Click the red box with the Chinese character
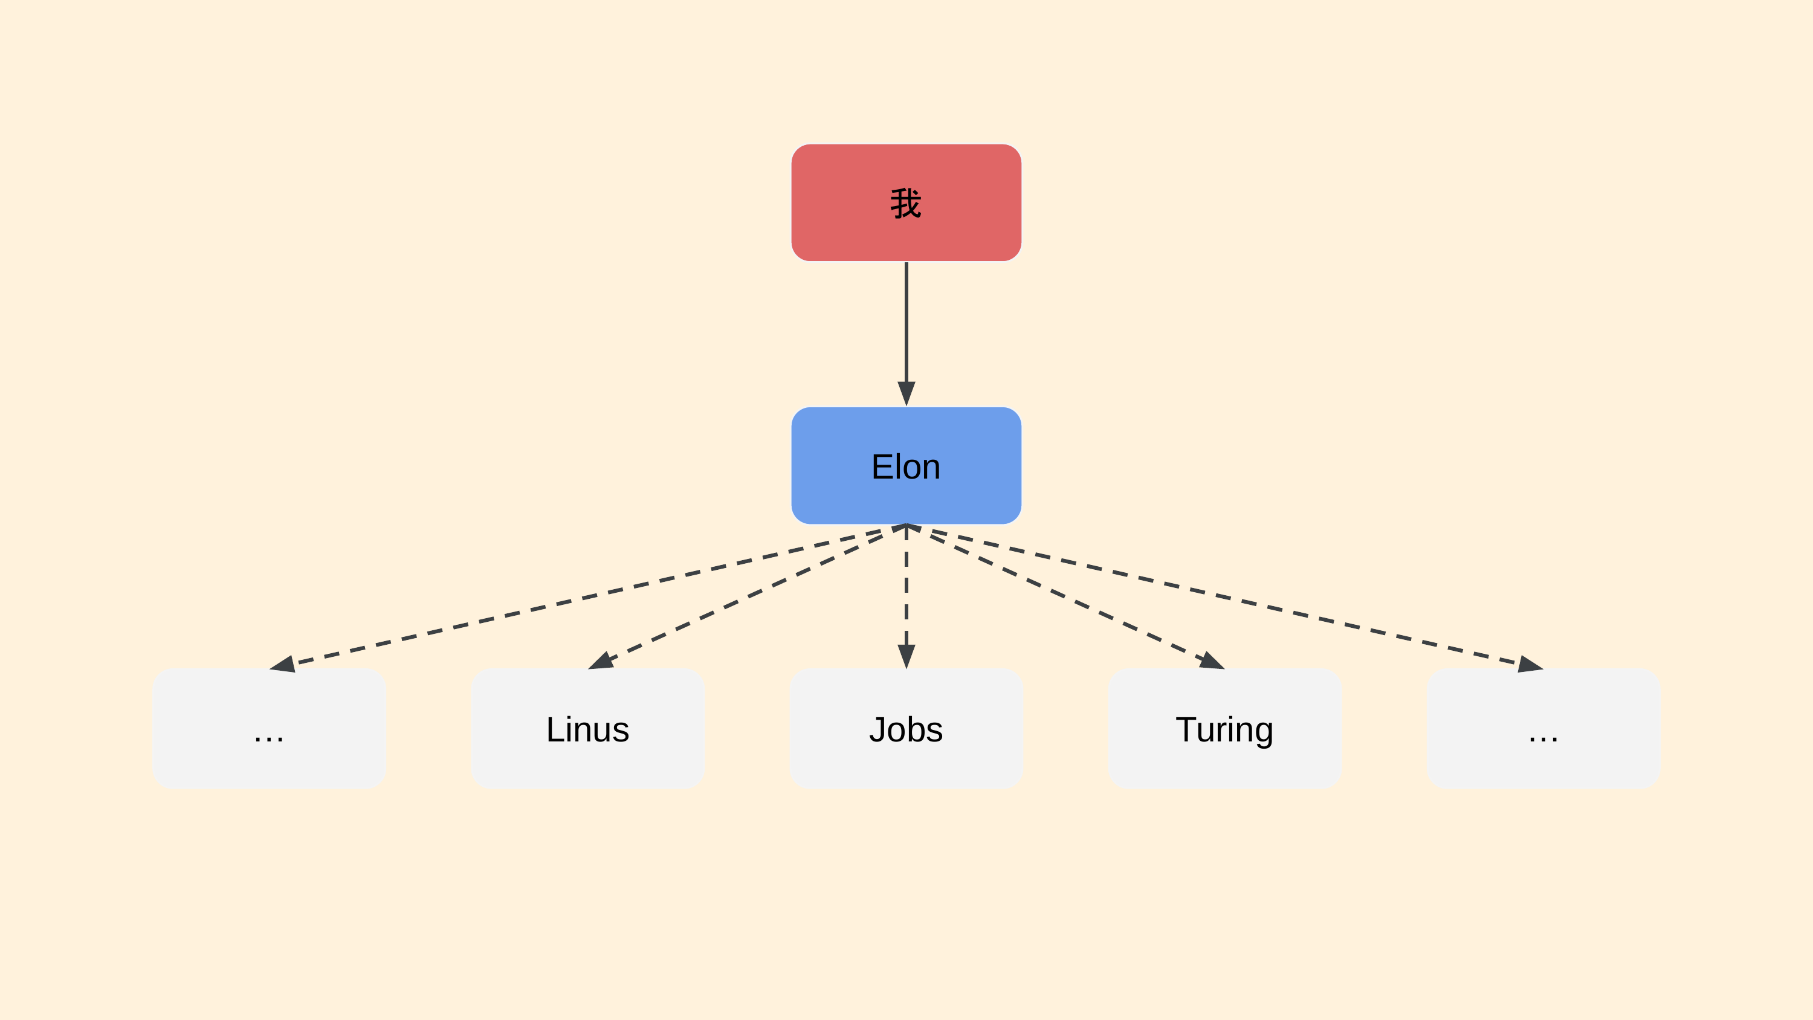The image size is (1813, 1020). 906,203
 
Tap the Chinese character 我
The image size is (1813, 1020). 906,204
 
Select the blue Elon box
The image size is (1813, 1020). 906,465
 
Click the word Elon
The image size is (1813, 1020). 906,466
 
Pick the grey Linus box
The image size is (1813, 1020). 587,729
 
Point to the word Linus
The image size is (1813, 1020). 587,729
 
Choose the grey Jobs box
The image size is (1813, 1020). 906,729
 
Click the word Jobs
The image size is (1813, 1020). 906,729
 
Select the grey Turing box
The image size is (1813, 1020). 1224,729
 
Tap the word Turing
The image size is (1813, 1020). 1224,731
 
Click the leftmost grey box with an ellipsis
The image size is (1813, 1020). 269,729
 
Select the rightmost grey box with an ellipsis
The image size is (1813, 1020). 1543,729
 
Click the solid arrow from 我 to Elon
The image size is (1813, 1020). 906,334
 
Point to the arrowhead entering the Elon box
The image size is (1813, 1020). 906,394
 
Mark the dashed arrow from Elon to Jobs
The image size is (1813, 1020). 906,597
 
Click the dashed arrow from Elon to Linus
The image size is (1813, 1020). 748,597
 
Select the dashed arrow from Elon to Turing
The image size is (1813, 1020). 1065,597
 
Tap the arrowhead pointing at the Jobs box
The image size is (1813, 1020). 906,657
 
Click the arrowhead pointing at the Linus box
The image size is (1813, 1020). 601,662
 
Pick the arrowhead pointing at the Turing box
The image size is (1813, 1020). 1212,662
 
